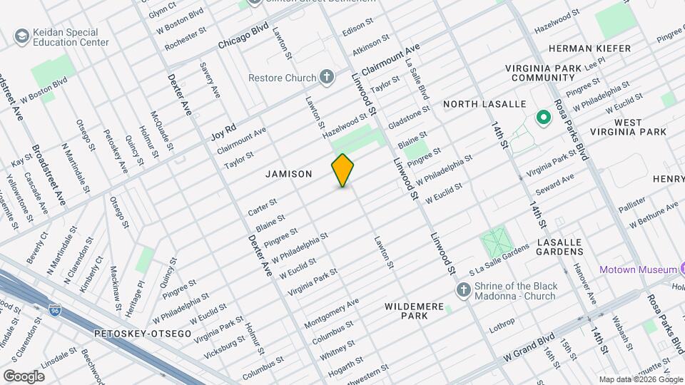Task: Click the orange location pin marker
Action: [343, 170]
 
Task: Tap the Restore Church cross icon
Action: [327, 77]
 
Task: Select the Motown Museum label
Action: [638, 269]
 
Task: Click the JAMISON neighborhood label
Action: [289, 174]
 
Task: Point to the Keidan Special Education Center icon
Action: [21, 36]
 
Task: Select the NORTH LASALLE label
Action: [484, 105]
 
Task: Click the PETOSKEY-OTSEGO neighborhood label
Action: [143, 334]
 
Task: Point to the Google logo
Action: [24, 376]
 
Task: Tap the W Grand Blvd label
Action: [529, 345]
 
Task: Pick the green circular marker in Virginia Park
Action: [542, 118]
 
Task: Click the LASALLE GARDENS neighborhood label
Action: [560, 247]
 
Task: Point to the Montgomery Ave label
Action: [331, 313]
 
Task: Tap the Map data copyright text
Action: [640, 379]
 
